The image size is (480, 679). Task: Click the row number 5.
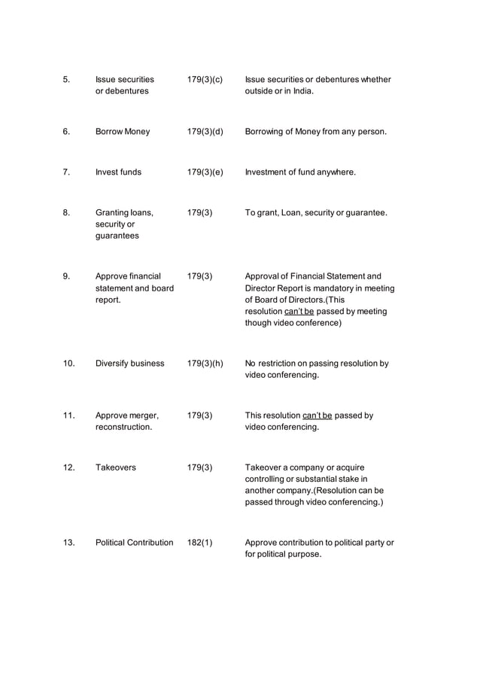coord(66,79)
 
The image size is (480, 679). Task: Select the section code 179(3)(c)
coord(205,79)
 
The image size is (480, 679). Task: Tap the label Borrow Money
coord(123,132)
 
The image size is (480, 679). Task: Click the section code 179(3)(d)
coord(205,132)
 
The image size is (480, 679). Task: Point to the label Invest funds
coord(118,172)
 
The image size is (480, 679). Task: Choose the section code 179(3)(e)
coord(205,172)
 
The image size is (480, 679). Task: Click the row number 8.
coord(66,213)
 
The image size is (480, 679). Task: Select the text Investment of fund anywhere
coord(300,172)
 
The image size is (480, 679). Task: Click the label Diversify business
coord(129,364)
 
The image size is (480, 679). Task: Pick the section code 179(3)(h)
coord(205,364)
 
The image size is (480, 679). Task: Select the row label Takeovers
coord(116,467)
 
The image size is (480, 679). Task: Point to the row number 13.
coord(68,543)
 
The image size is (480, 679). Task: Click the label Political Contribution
coord(134,543)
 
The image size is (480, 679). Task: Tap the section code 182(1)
coord(199,543)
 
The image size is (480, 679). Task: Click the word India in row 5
coord(302,91)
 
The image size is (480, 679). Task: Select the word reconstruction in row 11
coord(123,428)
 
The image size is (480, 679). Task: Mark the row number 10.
coord(68,364)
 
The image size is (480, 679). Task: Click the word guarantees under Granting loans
coord(117,236)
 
